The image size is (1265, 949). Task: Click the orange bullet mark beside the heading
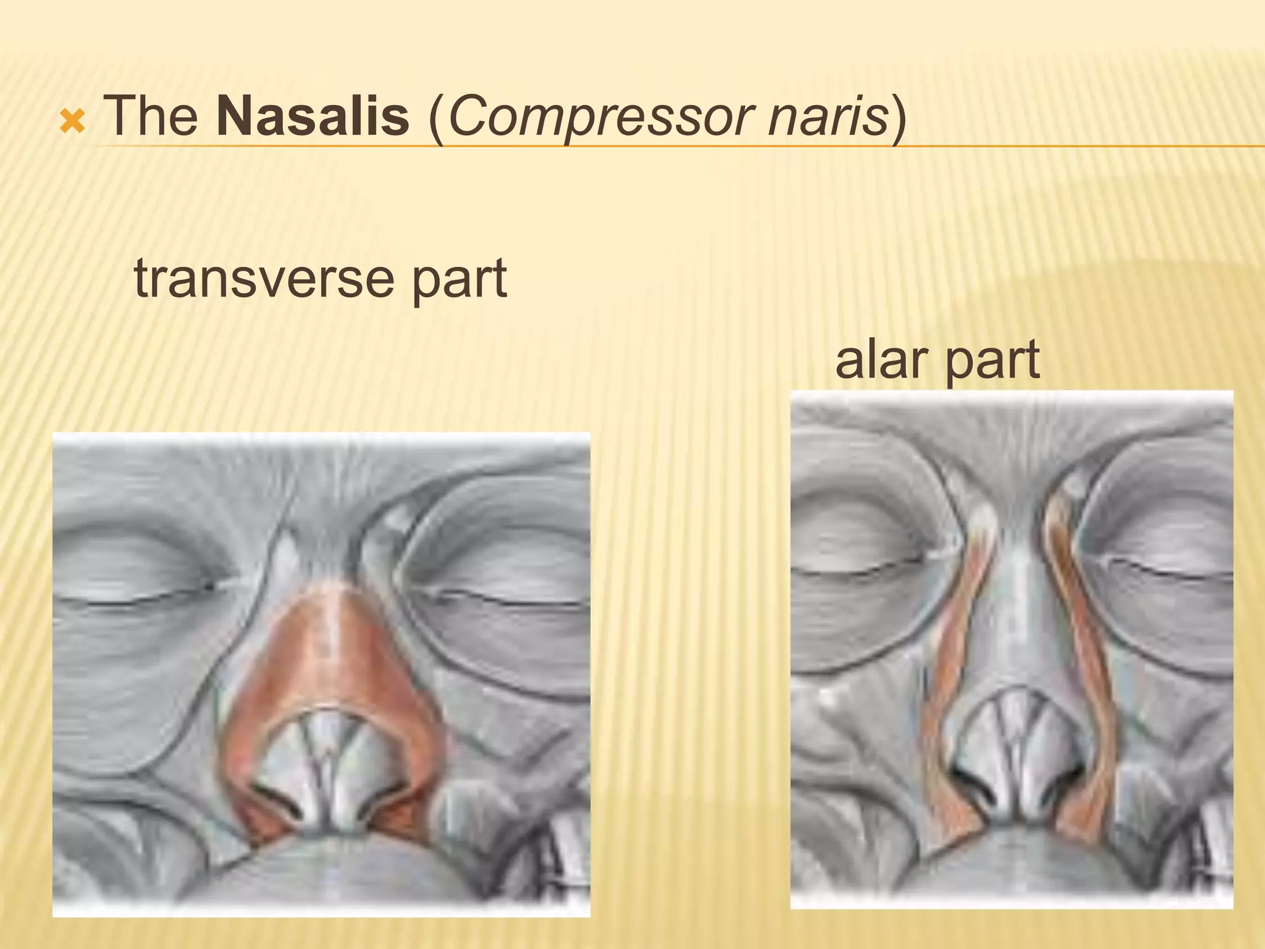pyautogui.click(x=72, y=122)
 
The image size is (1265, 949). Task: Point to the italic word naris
pyautogui.click(x=827, y=116)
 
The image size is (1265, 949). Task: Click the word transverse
pyautogui.click(x=263, y=279)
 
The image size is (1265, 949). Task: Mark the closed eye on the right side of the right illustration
pyautogui.click(x=1161, y=565)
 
